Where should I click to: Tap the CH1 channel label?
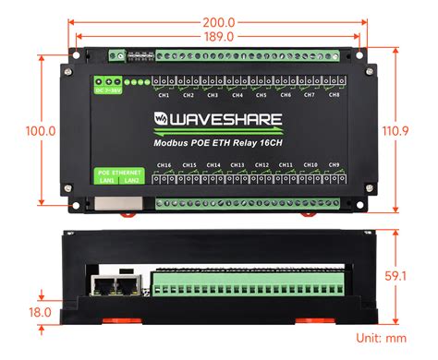pos(164,94)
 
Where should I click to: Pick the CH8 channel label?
pos(334,94)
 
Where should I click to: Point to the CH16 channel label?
pos(164,165)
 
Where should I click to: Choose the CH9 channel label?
pos(334,165)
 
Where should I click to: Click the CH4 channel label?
pos(237,94)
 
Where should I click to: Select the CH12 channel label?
pos(262,165)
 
